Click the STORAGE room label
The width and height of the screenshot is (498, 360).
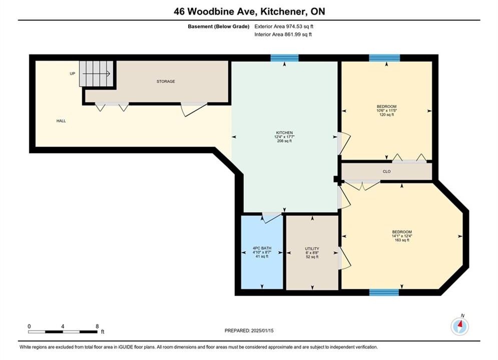pyautogui.click(x=166, y=81)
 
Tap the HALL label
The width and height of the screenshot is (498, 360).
pyautogui.click(x=61, y=121)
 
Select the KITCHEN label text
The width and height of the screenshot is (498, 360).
pyautogui.click(x=284, y=132)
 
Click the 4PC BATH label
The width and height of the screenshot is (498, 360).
pyautogui.click(x=262, y=248)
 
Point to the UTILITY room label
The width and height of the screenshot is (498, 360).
pyautogui.click(x=312, y=248)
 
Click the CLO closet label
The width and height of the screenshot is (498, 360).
pyautogui.click(x=386, y=171)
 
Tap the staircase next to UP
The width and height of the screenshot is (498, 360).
pyautogui.click(x=96, y=73)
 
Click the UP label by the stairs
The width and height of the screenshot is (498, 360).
pyautogui.click(x=73, y=73)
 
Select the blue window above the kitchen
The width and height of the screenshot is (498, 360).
pyautogui.click(x=285, y=58)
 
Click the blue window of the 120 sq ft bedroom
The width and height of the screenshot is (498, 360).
pyautogui.click(x=384, y=58)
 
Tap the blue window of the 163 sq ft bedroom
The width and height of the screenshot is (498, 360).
pyautogui.click(x=384, y=292)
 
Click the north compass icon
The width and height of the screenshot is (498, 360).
pyautogui.click(x=459, y=325)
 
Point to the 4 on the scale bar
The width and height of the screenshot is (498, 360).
pyautogui.click(x=63, y=326)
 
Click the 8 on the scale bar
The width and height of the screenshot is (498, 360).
pyautogui.click(x=97, y=326)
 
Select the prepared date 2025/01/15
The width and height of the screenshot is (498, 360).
pyautogui.click(x=262, y=330)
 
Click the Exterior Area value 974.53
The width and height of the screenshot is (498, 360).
pyautogui.click(x=294, y=26)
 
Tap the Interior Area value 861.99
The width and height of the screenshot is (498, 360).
pyautogui.click(x=292, y=34)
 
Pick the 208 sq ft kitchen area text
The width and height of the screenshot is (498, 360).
pyautogui.click(x=284, y=141)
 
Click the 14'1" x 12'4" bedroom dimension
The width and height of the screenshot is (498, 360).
pyautogui.click(x=402, y=236)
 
